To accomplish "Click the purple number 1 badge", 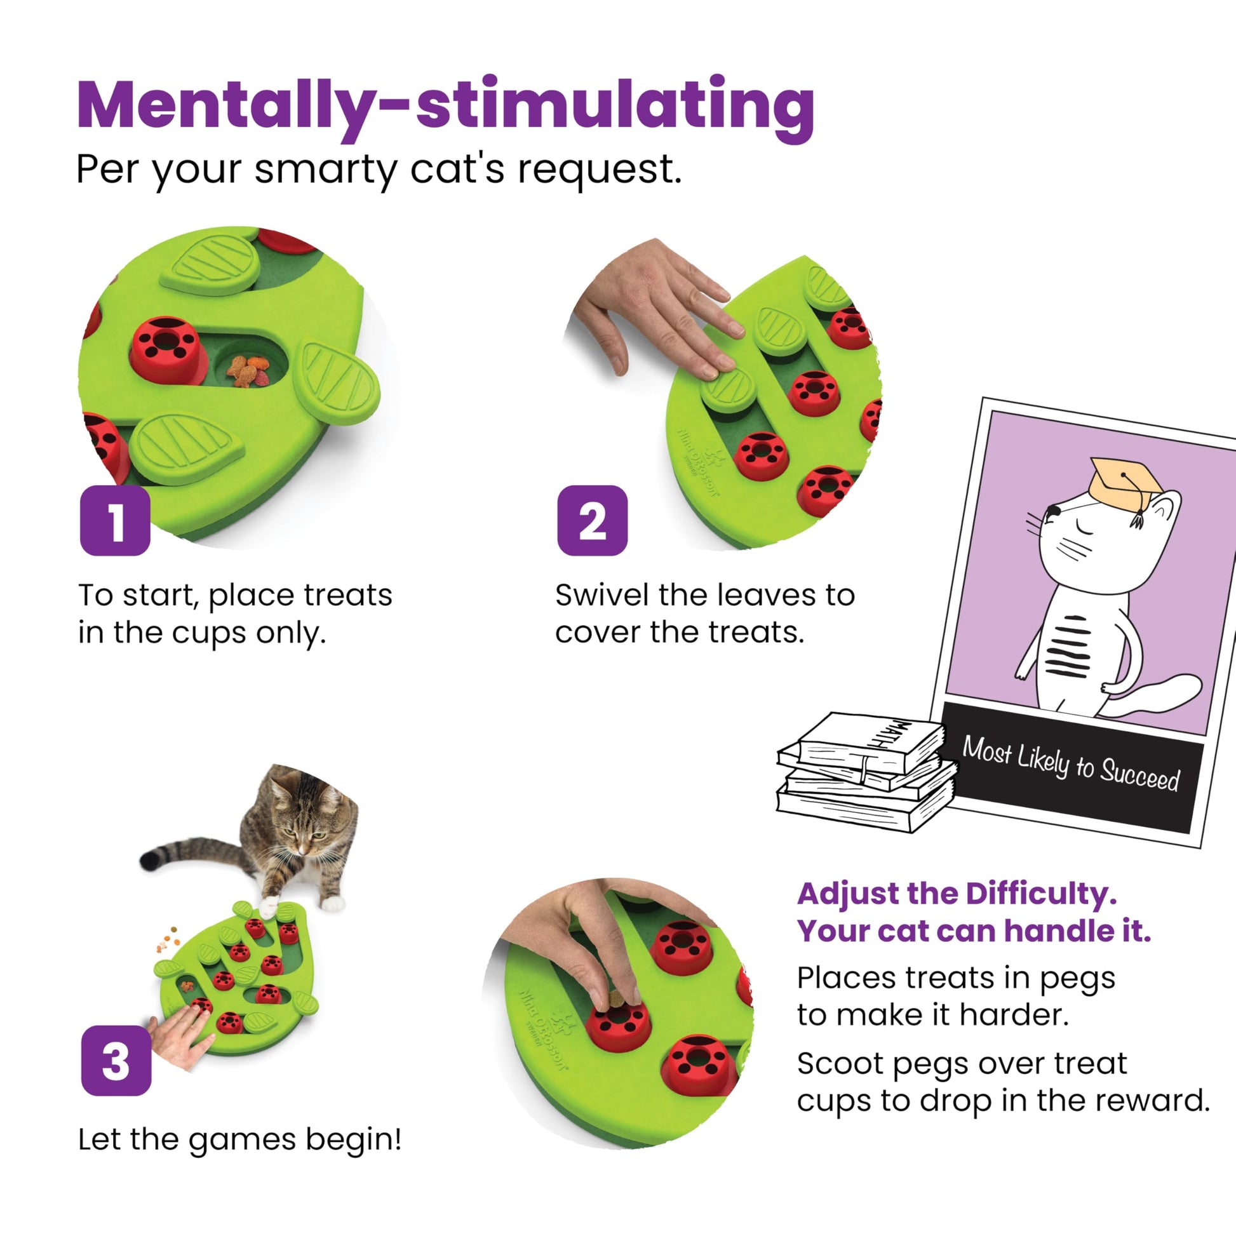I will click(115, 521).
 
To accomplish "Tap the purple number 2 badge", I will click(592, 521).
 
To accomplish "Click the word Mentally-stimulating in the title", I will click(445, 105).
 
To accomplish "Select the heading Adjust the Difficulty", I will click(957, 893).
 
